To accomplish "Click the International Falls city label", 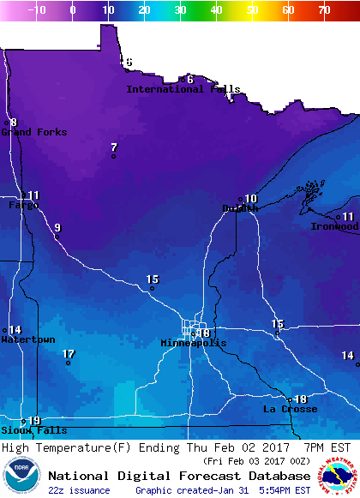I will pos(183,89).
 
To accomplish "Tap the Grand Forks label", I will pos(33,132).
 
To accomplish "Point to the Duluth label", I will pos(240,208).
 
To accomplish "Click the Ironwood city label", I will pos(334,226).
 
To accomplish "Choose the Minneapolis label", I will pos(194,343).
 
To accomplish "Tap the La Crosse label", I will pos(290,409).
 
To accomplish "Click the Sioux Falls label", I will pos(21,430).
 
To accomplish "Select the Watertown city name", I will pos(27,339).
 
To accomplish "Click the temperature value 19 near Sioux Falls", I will pos(34,421).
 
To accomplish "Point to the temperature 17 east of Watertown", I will pos(69,354).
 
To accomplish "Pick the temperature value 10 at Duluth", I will pos(251,199).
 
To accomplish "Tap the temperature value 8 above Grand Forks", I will pos(14,123).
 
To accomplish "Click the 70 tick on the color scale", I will pos(323,10).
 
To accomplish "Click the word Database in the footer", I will pos(273,476).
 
